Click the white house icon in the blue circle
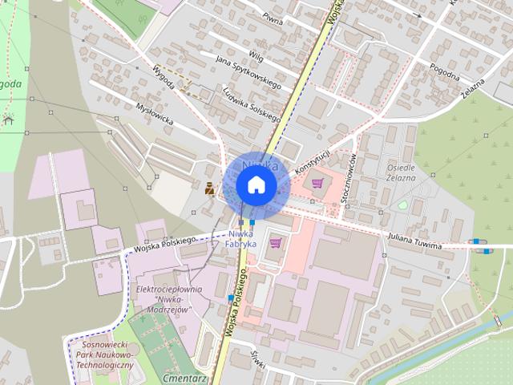click(x=256, y=184)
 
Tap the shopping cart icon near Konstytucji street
click(x=318, y=183)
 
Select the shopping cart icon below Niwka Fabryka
click(x=277, y=241)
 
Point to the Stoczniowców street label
click(x=349, y=180)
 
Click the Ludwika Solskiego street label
click(x=251, y=104)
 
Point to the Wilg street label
click(x=256, y=55)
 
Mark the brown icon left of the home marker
click(x=208, y=188)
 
